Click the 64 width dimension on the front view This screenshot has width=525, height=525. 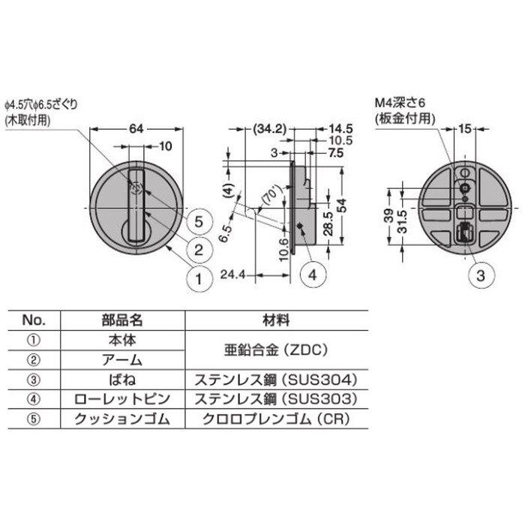tap(136, 128)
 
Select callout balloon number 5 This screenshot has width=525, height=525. tap(199, 221)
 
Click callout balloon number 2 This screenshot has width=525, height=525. tap(199, 250)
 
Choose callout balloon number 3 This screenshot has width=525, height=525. tap(480, 275)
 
